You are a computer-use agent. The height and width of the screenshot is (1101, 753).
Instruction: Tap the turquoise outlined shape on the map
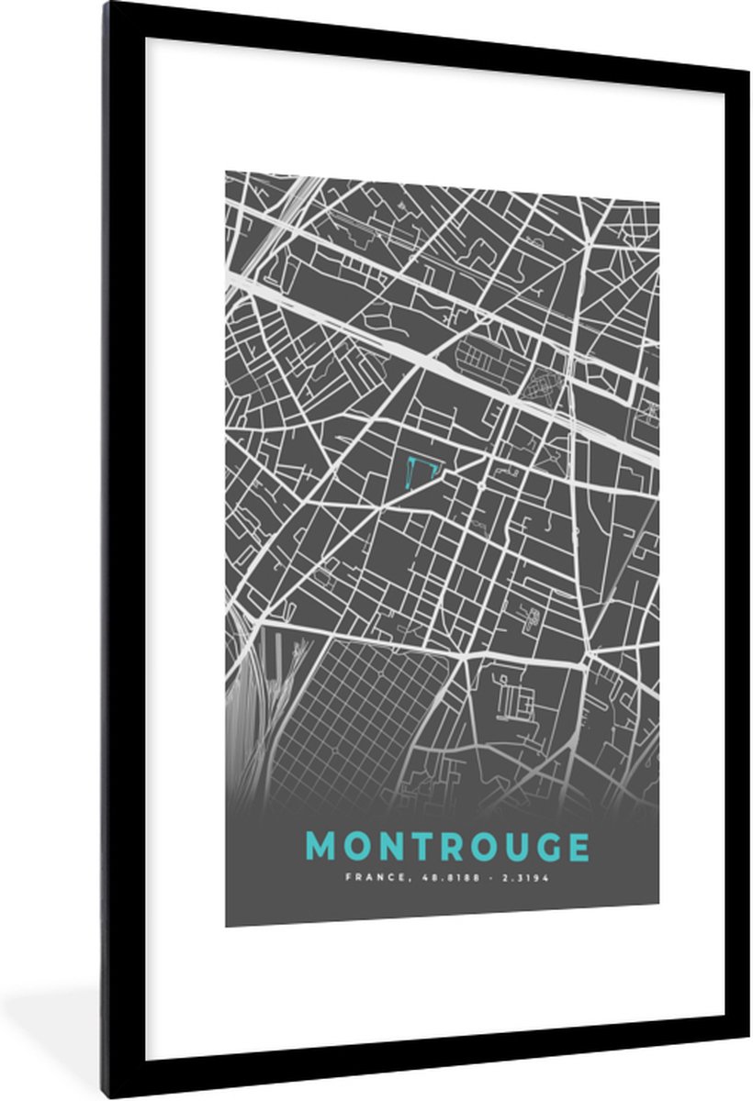[421, 471]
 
